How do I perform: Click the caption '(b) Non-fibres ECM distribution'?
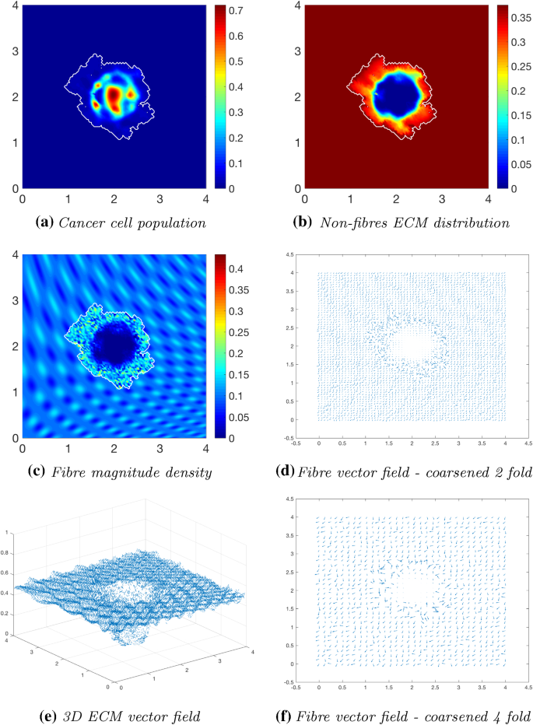[399, 222]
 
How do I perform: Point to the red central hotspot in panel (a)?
[114, 96]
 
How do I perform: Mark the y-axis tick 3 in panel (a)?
[13, 51]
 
